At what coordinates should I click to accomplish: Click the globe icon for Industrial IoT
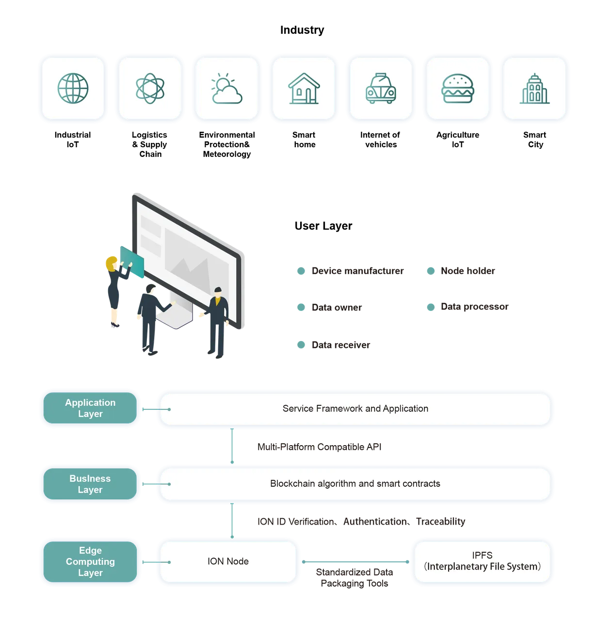click(73, 88)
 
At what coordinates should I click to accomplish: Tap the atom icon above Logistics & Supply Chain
click(150, 88)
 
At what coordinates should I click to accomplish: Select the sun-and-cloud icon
click(227, 88)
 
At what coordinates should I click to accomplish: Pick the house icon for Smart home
click(304, 88)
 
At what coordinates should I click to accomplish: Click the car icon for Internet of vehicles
click(381, 88)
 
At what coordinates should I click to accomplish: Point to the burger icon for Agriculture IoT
click(457, 88)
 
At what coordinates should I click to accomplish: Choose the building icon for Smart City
click(534, 88)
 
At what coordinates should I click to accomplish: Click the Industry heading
click(302, 30)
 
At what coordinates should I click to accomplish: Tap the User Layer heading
click(323, 226)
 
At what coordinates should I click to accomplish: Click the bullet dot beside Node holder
click(431, 271)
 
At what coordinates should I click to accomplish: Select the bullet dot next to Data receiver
click(301, 344)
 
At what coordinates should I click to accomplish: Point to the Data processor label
click(474, 307)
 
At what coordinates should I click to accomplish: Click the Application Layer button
click(90, 408)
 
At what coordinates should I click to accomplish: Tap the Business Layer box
click(90, 483)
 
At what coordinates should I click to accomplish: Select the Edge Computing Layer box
click(90, 561)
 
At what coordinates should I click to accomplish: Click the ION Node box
click(228, 561)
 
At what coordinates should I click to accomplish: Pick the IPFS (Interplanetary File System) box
click(482, 561)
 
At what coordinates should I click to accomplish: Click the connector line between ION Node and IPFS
click(355, 562)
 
